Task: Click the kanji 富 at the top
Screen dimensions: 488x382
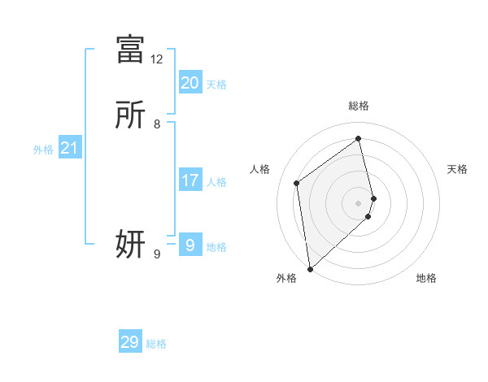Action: coord(130,49)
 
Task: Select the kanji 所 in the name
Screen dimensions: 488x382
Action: coord(130,115)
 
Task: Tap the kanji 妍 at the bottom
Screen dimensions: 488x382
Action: coord(130,243)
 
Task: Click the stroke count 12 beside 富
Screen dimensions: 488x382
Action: coord(156,59)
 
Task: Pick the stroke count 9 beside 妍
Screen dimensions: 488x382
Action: coord(157,254)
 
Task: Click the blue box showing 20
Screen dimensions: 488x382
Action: coord(190,82)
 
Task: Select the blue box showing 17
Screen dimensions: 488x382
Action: coord(190,180)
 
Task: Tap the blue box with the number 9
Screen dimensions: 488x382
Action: coord(190,245)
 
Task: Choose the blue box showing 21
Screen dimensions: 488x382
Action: coord(69,148)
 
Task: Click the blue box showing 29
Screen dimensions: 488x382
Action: coord(130,342)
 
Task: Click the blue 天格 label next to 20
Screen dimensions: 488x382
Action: coord(216,85)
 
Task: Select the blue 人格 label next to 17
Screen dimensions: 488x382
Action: coord(216,182)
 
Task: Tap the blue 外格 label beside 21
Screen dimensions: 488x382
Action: coord(43,150)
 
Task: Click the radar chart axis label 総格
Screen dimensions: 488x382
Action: coord(359,106)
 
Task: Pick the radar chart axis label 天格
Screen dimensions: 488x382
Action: coord(457,169)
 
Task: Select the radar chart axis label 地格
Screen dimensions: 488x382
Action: coord(426,278)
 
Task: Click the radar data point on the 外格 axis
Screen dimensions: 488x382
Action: coord(309,268)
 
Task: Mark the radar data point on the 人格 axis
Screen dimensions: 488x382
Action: coord(297,183)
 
